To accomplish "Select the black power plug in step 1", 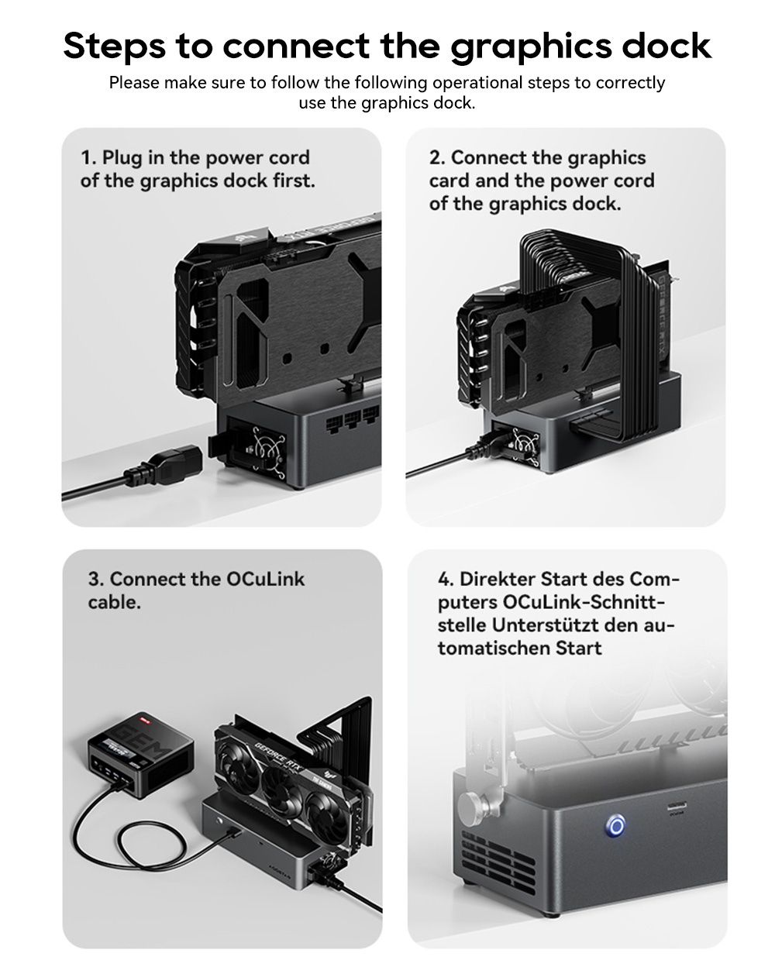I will [167, 465].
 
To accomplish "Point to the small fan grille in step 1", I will [266, 452].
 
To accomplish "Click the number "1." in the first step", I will [88, 158].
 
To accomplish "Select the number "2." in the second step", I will [437, 158].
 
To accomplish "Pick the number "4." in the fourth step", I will [446, 580].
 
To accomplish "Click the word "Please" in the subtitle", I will [133, 83].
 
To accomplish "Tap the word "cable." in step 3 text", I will [114, 603].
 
